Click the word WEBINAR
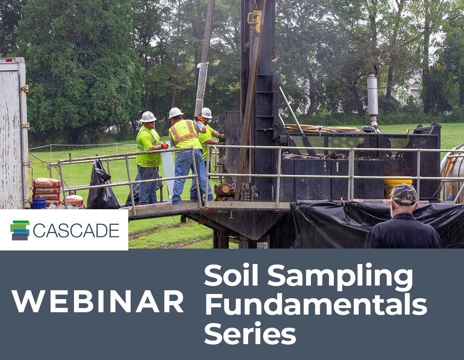tap(98, 302)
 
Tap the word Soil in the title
tap(232, 276)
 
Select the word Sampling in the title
tap(340, 277)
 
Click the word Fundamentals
tap(316, 304)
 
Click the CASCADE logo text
tap(76, 230)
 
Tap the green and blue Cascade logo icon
tap(20, 230)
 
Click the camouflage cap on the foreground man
tap(403, 193)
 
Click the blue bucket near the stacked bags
tap(38, 204)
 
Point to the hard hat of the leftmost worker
tap(148, 117)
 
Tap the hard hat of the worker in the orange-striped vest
tap(176, 113)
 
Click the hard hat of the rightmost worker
tap(206, 113)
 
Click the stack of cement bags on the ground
tap(47, 190)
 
